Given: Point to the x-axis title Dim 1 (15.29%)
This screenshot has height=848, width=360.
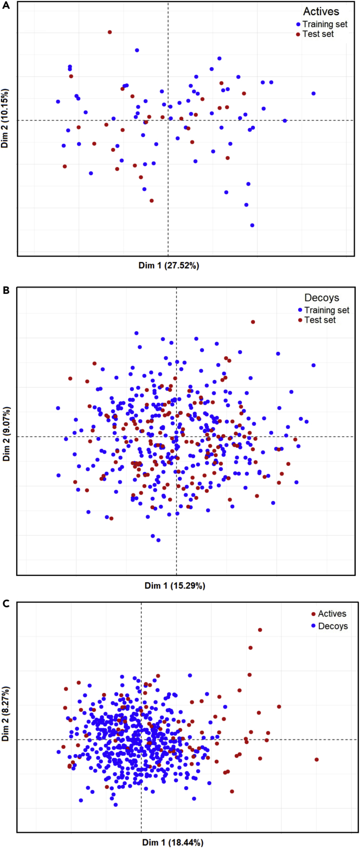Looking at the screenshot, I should pos(175,586).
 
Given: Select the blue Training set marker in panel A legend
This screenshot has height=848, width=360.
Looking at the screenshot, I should pos(298,24).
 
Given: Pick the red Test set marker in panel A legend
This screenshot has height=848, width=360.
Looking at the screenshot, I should pos(298,34).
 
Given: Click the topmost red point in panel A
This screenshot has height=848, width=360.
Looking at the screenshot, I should pos(110,32).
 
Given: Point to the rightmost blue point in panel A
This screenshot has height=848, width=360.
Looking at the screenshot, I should pos(313,93).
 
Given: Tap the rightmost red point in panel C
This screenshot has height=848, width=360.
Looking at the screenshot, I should pos(316,760).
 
